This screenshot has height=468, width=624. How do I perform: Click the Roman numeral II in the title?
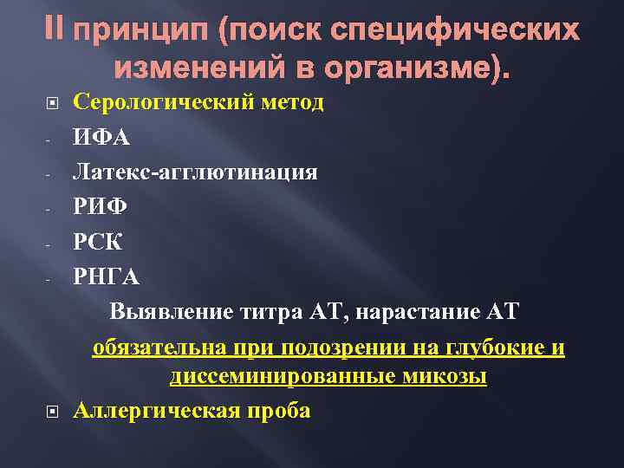coord(54,32)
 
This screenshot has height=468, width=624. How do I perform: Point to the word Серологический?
coord(162,103)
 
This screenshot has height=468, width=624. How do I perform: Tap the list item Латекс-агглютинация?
coord(195,172)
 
